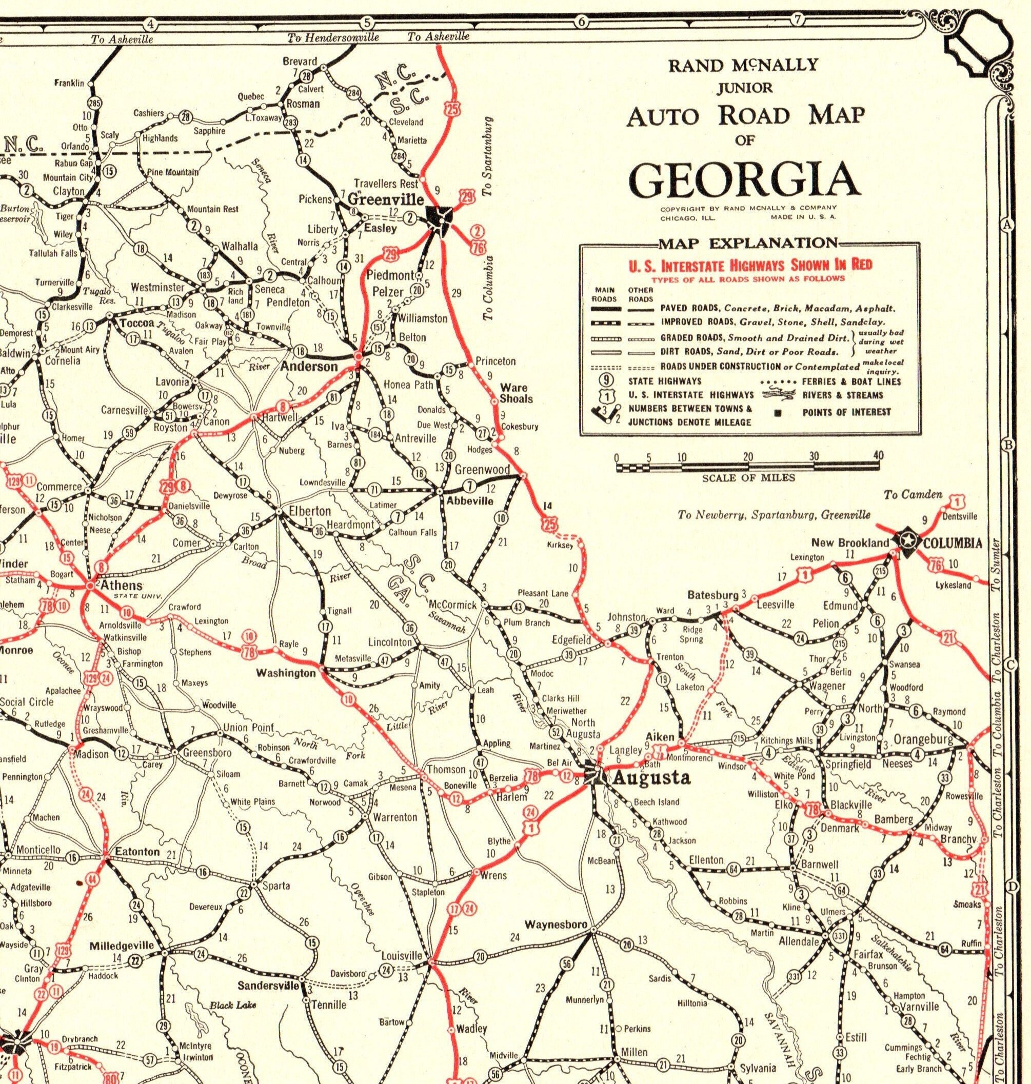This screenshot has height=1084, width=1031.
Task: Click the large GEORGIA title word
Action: pyautogui.click(x=744, y=179)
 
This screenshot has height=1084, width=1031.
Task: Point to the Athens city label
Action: pyautogui.click(x=121, y=586)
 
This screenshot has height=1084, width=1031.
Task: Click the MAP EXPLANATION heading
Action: pyautogui.click(x=748, y=243)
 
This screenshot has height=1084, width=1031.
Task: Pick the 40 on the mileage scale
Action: pyautogui.click(x=878, y=455)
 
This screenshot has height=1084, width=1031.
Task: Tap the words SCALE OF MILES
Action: pyautogui.click(x=748, y=478)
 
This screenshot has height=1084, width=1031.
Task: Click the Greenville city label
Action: pyautogui.click(x=385, y=198)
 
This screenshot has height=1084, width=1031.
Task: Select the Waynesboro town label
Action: pyautogui.click(x=556, y=924)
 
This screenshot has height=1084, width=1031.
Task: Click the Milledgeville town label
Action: pyautogui.click(x=122, y=946)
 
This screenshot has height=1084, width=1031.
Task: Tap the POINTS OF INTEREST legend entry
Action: pyautogui.click(x=846, y=412)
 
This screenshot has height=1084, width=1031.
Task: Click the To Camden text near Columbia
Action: pyautogui.click(x=913, y=495)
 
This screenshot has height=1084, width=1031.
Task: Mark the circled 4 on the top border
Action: pyautogui.click(x=150, y=23)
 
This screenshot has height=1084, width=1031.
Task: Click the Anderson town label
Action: pyautogui.click(x=309, y=367)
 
